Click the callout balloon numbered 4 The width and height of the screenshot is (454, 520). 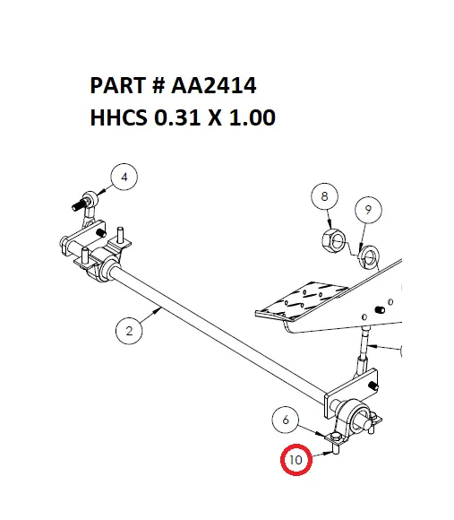[124, 178]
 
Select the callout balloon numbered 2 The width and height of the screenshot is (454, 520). [130, 331]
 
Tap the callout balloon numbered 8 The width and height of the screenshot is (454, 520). [325, 196]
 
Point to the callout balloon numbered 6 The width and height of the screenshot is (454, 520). [286, 419]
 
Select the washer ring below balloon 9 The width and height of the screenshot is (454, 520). [368, 259]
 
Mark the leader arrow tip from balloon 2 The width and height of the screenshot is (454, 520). [162, 308]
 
